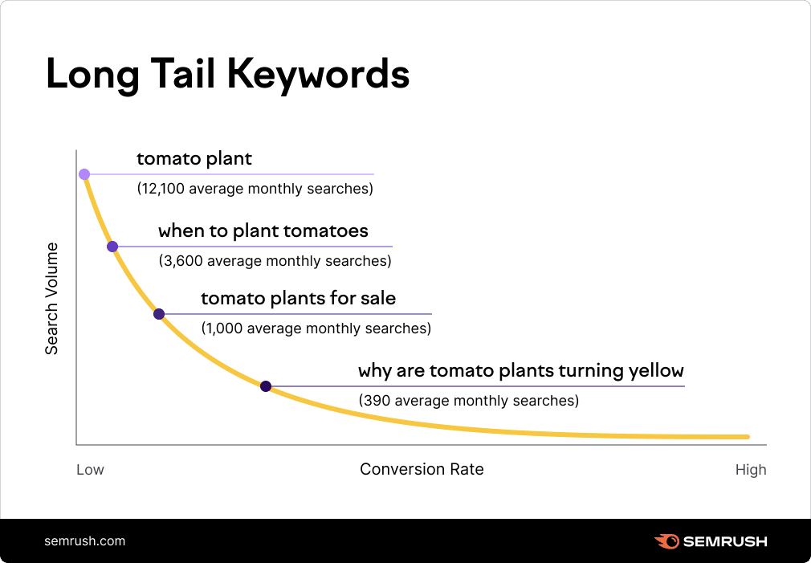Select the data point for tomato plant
(x=84, y=173)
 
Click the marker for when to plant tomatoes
(x=112, y=247)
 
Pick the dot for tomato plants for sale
(x=159, y=314)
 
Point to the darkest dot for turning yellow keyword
(x=266, y=386)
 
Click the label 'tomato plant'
(x=194, y=159)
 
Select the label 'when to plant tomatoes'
(x=263, y=231)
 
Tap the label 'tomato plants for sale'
(x=298, y=299)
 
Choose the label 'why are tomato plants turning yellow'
(x=520, y=371)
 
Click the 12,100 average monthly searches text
(x=255, y=190)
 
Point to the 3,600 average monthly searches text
(x=275, y=261)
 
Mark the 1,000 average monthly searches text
(x=316, y=328)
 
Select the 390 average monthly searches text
(x=468, y=400)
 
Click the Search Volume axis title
(x=52, y=298)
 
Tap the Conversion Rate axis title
(x=422, y=469)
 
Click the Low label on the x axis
(x=90, y=470)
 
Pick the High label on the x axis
(x=751, y=470)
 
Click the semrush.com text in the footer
(x=85, y=541)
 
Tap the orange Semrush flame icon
(x=666, y=541)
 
